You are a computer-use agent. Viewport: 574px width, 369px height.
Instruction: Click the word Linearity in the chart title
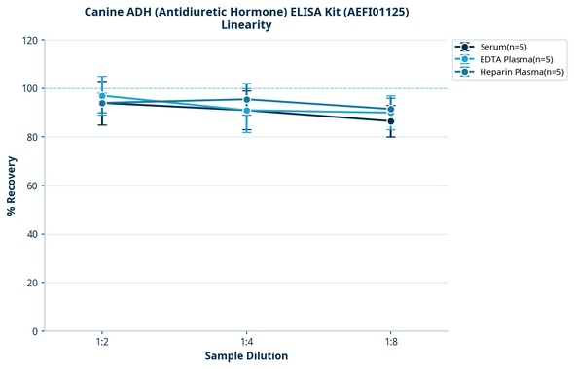pyautogui.click(x=246, y=25)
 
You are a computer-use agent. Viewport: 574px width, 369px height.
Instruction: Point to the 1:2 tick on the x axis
pyautogui.click(x=102, y=342)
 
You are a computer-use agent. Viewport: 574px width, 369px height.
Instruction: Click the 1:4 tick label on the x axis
pyautogui.click(x=247, y=342)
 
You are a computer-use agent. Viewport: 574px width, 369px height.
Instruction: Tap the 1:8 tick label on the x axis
pyautogui.click(x=391, y=342)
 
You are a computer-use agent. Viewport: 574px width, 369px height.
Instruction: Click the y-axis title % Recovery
pyautogui.click(x=12, y=185)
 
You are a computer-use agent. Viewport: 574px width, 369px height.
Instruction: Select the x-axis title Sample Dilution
pyautogui.click(x=246, y=356)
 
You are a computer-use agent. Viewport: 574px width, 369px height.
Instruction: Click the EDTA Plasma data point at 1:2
pyautogui.click(x=102, y=96)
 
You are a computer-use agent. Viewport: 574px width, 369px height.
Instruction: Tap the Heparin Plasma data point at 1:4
pyautogui.click(x=247, y=100)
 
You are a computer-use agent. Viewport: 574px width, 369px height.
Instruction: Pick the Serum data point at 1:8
pyautogui.click(x=391, y=121)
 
